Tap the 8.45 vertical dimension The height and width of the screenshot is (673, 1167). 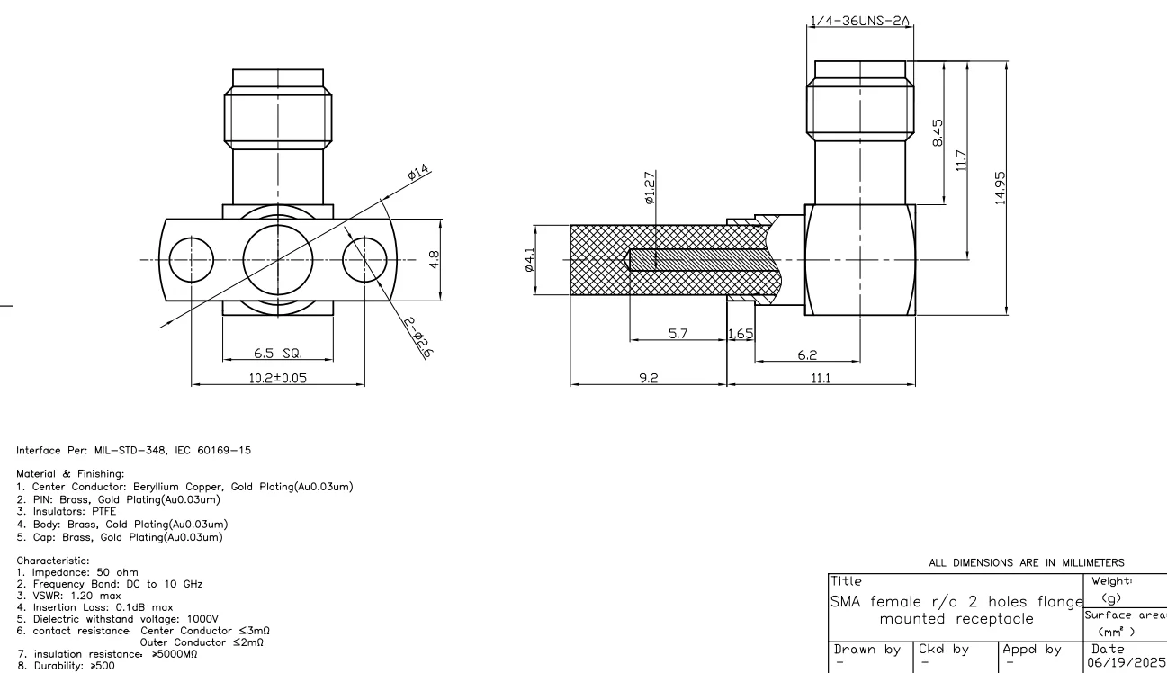pyautogui.click(x=938, y=136)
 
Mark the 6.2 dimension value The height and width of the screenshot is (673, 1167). pyautogui.click(x=806, y=355)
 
